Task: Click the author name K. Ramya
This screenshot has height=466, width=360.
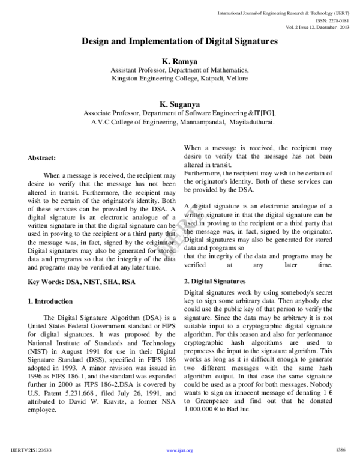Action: (x=180, y=61)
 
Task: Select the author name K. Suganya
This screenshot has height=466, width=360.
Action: (x=180, y=103)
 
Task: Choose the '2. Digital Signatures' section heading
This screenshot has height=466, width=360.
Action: (x=215, y=281)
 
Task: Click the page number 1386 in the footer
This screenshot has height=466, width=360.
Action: (x=341, y=449)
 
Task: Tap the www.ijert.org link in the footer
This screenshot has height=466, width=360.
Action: (x=179, y=449)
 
